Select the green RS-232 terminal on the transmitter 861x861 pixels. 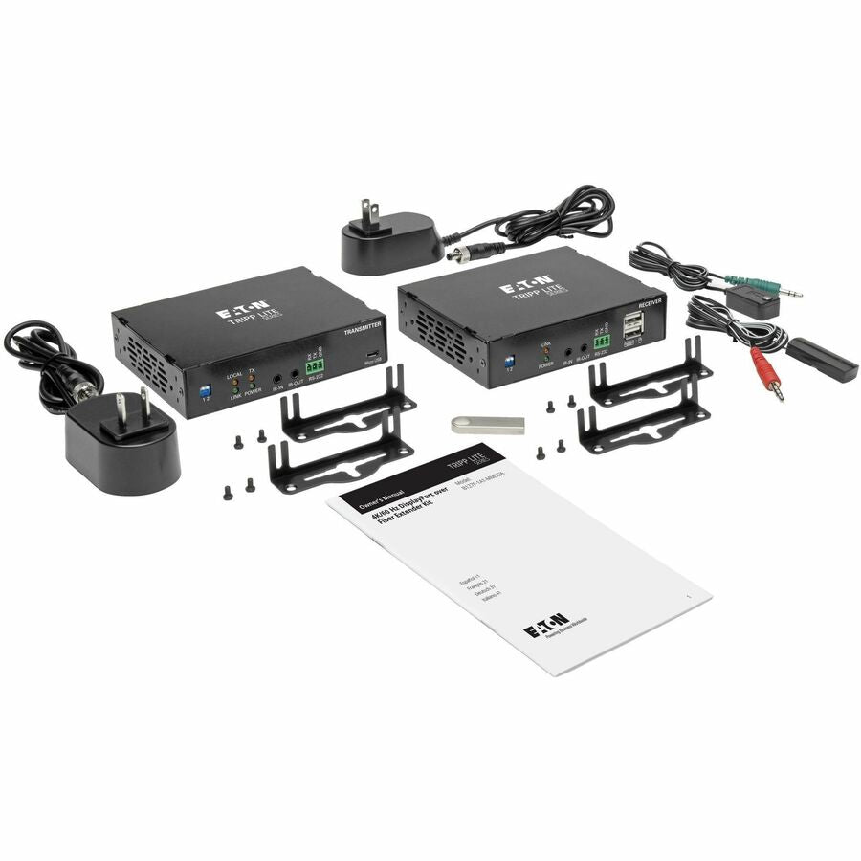315,365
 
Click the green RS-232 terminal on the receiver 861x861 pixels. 602,341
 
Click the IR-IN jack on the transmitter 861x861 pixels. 276,378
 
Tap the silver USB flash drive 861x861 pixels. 488,425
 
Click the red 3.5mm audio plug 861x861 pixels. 767,374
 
